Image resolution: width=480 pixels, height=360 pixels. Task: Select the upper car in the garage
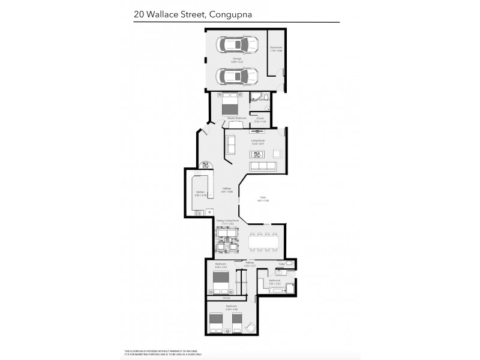point(237,45)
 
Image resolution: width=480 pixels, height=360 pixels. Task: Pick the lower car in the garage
point(237,76)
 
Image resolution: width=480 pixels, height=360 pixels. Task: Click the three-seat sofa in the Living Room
point(262,166)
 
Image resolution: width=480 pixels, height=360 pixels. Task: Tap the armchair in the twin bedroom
point(251,326)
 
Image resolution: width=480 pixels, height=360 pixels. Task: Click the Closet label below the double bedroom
point(226,297)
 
